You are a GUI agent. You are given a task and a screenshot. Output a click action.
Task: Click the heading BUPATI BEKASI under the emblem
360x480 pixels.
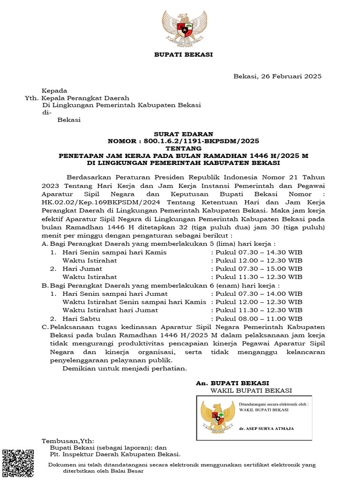183,55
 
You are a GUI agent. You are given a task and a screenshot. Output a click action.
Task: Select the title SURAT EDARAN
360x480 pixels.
183,134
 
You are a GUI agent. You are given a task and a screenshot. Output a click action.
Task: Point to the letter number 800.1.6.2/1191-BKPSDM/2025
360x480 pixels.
202,141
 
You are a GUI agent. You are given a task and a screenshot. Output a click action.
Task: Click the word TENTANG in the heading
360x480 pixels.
183,148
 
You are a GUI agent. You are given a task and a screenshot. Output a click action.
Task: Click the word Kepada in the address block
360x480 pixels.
55,91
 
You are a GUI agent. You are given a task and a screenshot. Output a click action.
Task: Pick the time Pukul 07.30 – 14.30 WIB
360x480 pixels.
259,252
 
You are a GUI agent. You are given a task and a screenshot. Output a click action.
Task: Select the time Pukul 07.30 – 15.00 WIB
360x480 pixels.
259,269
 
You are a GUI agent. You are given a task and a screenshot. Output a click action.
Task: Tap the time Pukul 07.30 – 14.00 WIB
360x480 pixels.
259,293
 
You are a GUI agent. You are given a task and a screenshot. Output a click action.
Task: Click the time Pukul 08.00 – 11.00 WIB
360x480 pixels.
259,318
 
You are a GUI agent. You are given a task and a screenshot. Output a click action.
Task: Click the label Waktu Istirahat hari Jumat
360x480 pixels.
110,310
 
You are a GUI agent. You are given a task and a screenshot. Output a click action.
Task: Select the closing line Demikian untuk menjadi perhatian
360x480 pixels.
125,368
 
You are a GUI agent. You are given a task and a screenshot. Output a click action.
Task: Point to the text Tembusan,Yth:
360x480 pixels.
68,441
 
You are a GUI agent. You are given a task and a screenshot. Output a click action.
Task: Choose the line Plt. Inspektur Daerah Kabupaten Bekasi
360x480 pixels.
115,454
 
